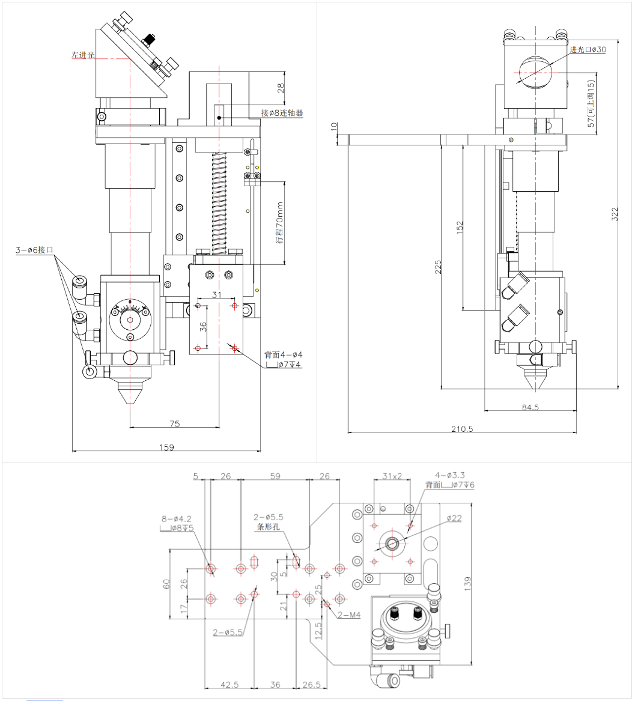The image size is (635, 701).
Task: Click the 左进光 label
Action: [x=83, y=55]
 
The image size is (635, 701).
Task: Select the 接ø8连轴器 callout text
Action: [x=282, y=112]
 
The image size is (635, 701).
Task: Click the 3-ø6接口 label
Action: [x=35, y=250]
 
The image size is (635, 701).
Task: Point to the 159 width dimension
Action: [x=166, y=447]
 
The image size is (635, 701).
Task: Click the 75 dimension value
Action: [x=174, y=423]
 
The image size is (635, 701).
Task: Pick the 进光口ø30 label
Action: [x=588, y=50]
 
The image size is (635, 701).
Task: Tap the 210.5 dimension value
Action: [x=462, y=429]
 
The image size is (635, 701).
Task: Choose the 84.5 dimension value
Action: [x=530, y=407]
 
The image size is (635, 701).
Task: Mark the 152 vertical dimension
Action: [x=460, y=228]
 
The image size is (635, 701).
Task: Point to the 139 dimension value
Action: [x=468, y=584]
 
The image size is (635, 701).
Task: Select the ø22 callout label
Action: [x=454, y=518]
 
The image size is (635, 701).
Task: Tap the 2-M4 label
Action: [x=348, y=615]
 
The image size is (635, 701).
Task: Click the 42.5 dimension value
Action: [x=229, y=684]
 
